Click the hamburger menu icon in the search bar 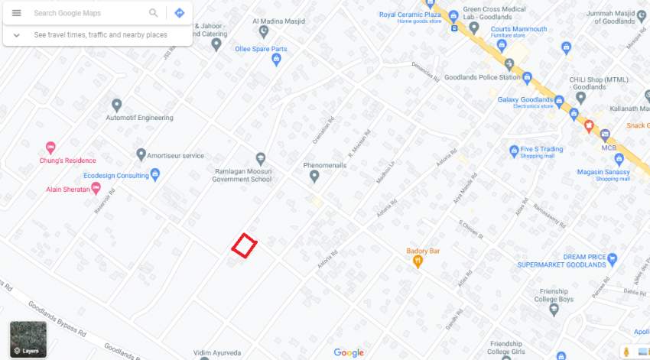17,13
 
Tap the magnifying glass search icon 154,13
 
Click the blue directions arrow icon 179,13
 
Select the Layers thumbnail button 28,339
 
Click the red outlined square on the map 244,245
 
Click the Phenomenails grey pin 314,177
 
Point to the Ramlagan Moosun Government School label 243,175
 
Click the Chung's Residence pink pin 50,148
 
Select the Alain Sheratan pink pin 96,188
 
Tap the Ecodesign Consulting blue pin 155,175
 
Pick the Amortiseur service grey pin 141,155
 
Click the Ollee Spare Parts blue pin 277,60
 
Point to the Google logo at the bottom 349,352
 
